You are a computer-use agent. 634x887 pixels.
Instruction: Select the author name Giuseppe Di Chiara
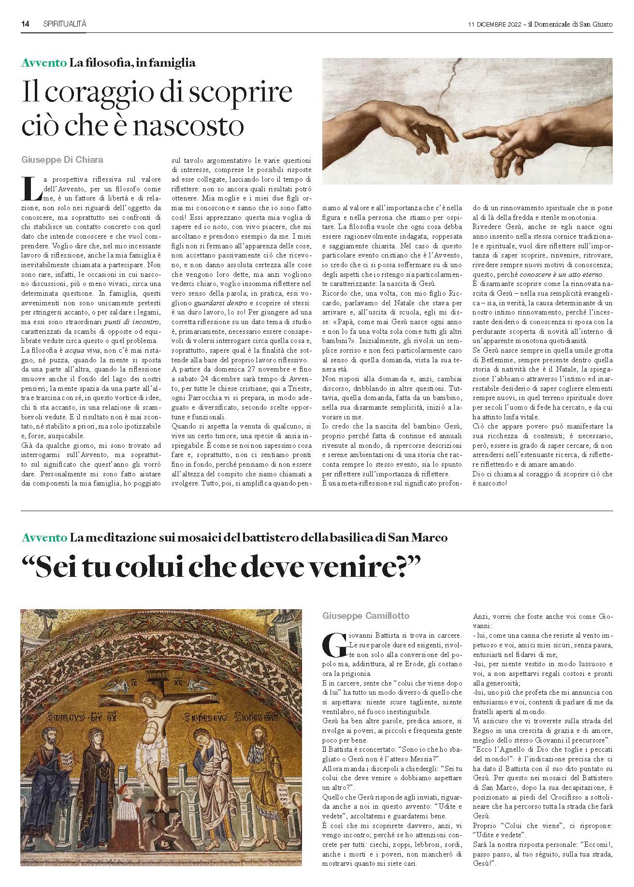point(63,159)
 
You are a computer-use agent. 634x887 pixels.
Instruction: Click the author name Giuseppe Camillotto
point(366,615)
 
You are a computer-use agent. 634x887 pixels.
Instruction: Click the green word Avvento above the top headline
point(43,62)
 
